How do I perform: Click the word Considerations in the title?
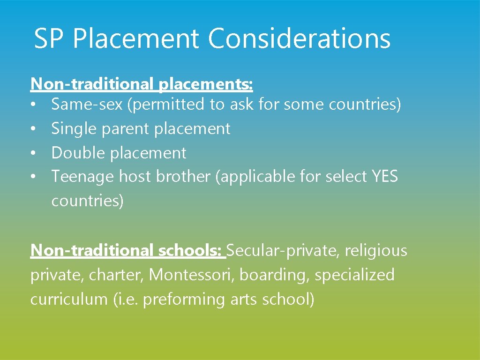click(299, 38)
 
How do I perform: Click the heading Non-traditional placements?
click(142, 84)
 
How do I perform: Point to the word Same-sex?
click(87, 105)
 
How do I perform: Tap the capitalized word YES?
click(384, 177)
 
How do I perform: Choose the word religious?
click(376, 251)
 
